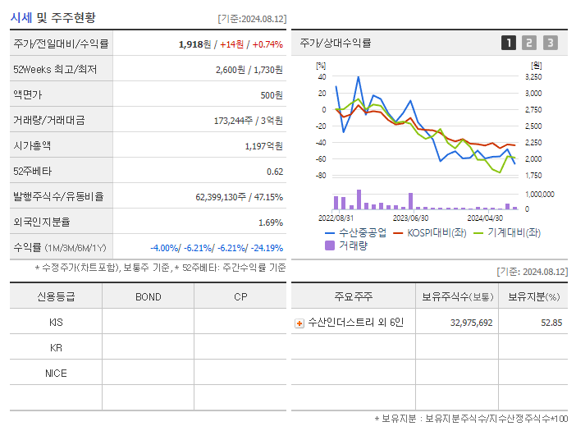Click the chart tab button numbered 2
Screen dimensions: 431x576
(529, 43)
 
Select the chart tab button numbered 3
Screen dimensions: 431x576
(550, 43)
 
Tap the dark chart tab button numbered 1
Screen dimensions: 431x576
(509, 43)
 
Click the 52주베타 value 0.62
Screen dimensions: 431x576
(275, 171)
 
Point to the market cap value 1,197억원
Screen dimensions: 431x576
(263, 145)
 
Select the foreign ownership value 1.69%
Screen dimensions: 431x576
(270, 222)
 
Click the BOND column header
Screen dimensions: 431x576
(148, 296)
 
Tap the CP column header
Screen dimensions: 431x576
(240, 296)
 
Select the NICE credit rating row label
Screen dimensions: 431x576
(56, 373)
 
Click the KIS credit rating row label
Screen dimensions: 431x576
(56, 322)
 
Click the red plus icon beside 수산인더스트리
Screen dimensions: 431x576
(299, 323)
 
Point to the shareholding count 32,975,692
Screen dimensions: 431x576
(471, 323)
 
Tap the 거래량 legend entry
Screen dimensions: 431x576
(350, 245)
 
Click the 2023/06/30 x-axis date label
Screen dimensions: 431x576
(410, 218)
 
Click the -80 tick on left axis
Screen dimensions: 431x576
(322, 176)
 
